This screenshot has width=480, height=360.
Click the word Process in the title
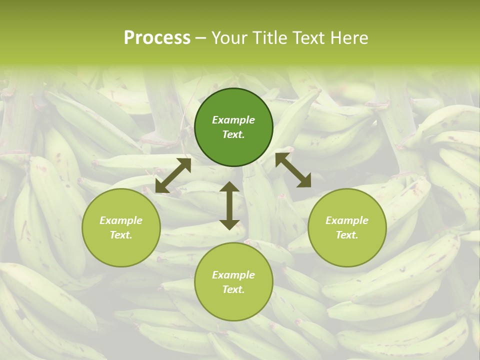pyautogui.click(x=157, y=38)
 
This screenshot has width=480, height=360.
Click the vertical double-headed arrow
pyautogui.click(x=229, y=206)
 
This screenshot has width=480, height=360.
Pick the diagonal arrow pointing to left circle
pyautogui.click(x=173, y=175)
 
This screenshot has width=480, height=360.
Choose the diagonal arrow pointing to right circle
pyautogui.click(x=293, y=170)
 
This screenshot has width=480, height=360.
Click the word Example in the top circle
pyautogui.click(x=233, y=120)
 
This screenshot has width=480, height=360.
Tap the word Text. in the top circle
pyautogui.click(x=233, y=134)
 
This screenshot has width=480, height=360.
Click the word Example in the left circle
pyautogui.click(x=121, y=220)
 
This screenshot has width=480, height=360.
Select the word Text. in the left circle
pyautogui.click(x=121, y=235)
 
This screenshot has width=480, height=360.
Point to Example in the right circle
pyautogui.click(x=347, y=220)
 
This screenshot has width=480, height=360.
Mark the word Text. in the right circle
pyautogui.click(x=347, y=235)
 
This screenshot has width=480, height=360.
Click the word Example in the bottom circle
pyautogui.click(x=233, y=275)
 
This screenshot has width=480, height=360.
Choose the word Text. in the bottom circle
pyautogui.click(x=233, y=289)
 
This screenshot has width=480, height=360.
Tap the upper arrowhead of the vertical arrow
pyautogui.click(x=229, y=187)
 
